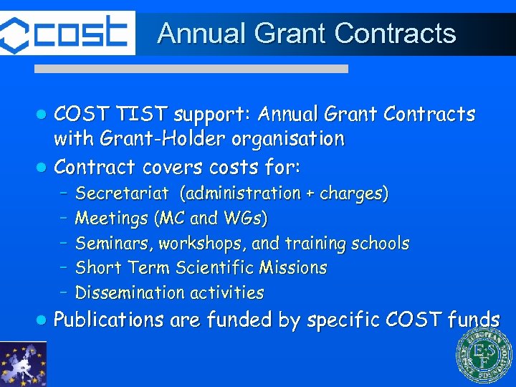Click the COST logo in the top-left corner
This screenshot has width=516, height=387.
tap(66, 33)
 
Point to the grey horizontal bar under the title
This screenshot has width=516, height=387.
tap(192, 69)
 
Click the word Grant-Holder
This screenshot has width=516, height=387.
tap(167, 138)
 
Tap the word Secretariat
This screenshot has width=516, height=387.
tap(122, 193)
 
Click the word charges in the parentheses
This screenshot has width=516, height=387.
tap(358, 193)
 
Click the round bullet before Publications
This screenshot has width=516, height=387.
tap(42, 320)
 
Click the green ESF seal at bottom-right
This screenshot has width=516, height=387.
tap(484, 356)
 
